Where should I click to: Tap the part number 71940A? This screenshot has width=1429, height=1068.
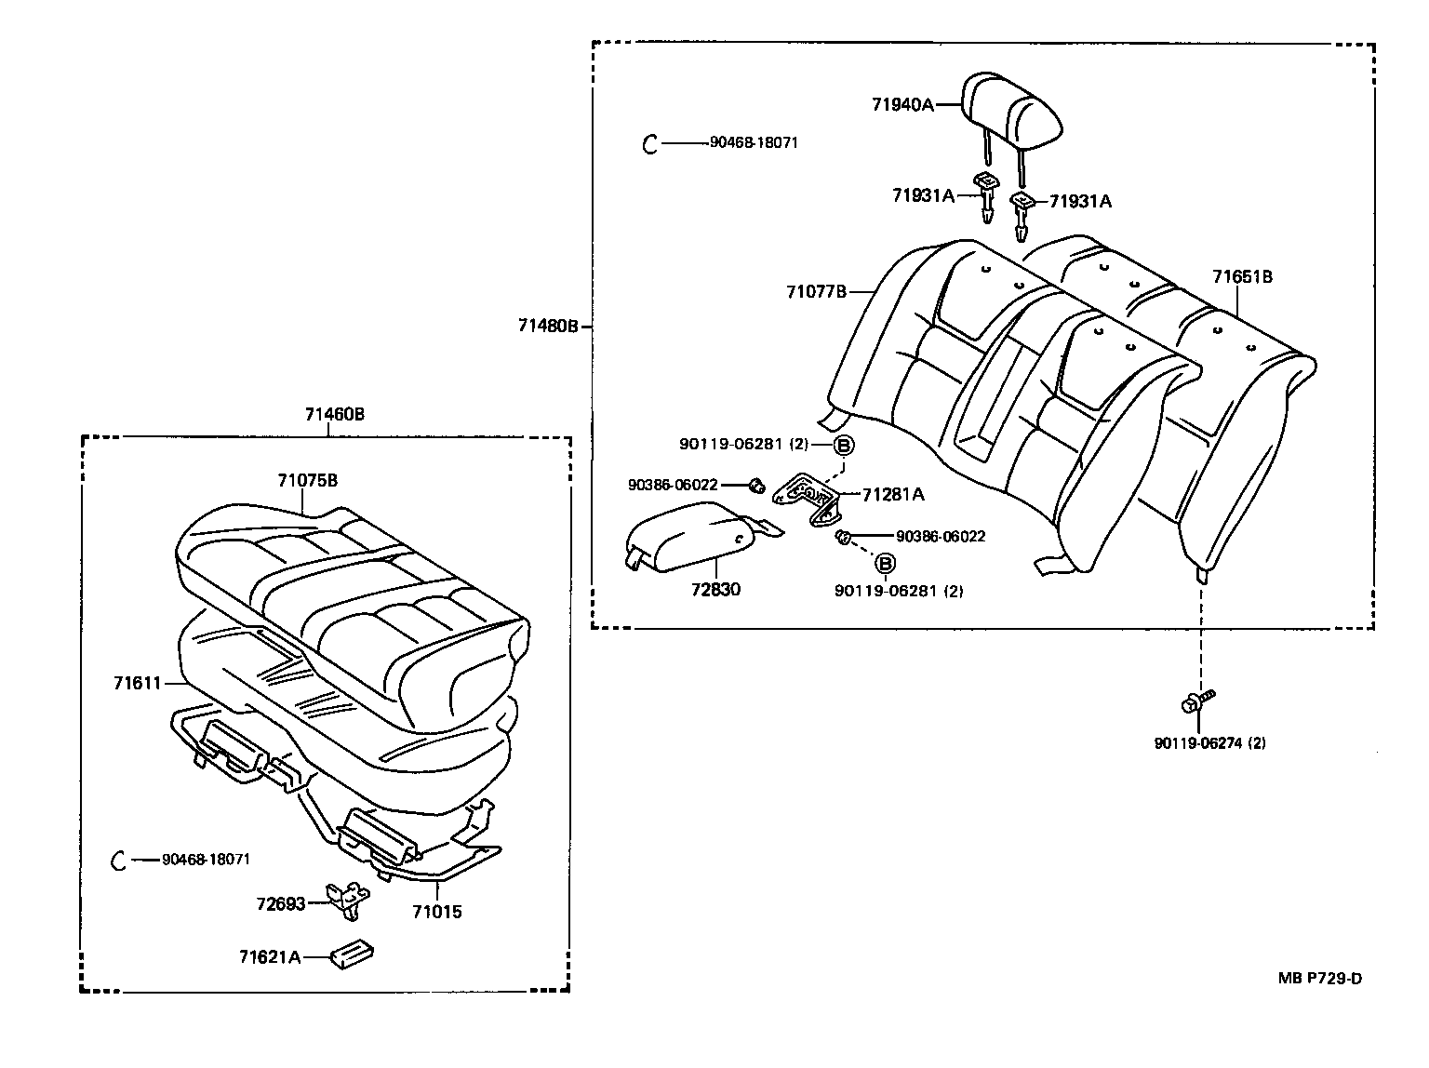tap(901, 105)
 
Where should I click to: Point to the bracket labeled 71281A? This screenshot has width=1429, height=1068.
tap(808, 497)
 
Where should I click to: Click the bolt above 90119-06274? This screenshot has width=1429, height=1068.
tap(1197, 702)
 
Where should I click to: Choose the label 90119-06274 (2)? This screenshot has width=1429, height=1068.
tap(1209, 742)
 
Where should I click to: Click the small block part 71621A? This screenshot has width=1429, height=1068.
tap(353, 955)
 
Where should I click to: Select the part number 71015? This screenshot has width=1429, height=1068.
tap(436, 912)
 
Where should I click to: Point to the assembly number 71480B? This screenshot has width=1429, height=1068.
tap(549, 326)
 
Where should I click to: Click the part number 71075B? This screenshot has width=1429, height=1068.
tap(307, 481)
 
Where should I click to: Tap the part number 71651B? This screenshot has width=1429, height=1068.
tap(1242, 276)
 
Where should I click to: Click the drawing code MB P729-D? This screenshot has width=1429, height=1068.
tap(1319, 978)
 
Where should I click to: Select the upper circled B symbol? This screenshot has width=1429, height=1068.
tap(842, 445)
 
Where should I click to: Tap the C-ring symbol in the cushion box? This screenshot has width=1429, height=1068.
tap(118, 860)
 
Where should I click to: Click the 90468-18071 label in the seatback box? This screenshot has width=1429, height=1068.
tap(753, 142)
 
